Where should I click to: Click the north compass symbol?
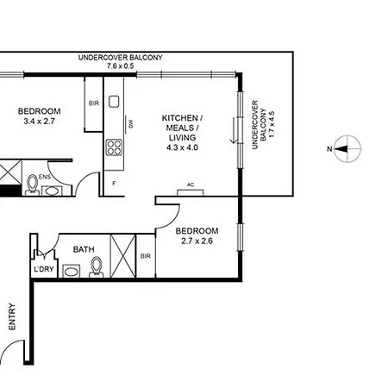[x=347, y=148]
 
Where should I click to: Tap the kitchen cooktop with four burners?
[x=114, y=147]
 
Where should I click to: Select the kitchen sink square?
[x=114, y=102]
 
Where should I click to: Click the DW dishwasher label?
[x=131, y=124]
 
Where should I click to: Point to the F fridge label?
[x=114, y=183]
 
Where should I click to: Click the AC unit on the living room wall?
[x=191, y=192]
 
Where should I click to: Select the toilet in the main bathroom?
[x=97, y=267]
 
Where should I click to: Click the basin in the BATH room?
[x=72, y=271]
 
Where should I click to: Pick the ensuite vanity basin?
[x=52, y=191]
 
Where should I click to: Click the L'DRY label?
[x=44, y=269]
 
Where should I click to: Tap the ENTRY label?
[x=12, y=316]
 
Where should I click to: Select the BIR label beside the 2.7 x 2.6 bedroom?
[x=146, y=256]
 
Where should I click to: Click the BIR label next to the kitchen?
[x=94, y=103]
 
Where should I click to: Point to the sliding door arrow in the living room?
[x=234, y=130]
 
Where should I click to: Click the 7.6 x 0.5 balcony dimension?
[x=121, y=66]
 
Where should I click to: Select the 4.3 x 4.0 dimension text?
[x=182, y=147]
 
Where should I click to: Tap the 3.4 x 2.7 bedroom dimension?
[x=39, y=121]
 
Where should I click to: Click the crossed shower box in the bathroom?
[x=123, y=256]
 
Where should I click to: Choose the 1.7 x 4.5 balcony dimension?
[x=272, y=124]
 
